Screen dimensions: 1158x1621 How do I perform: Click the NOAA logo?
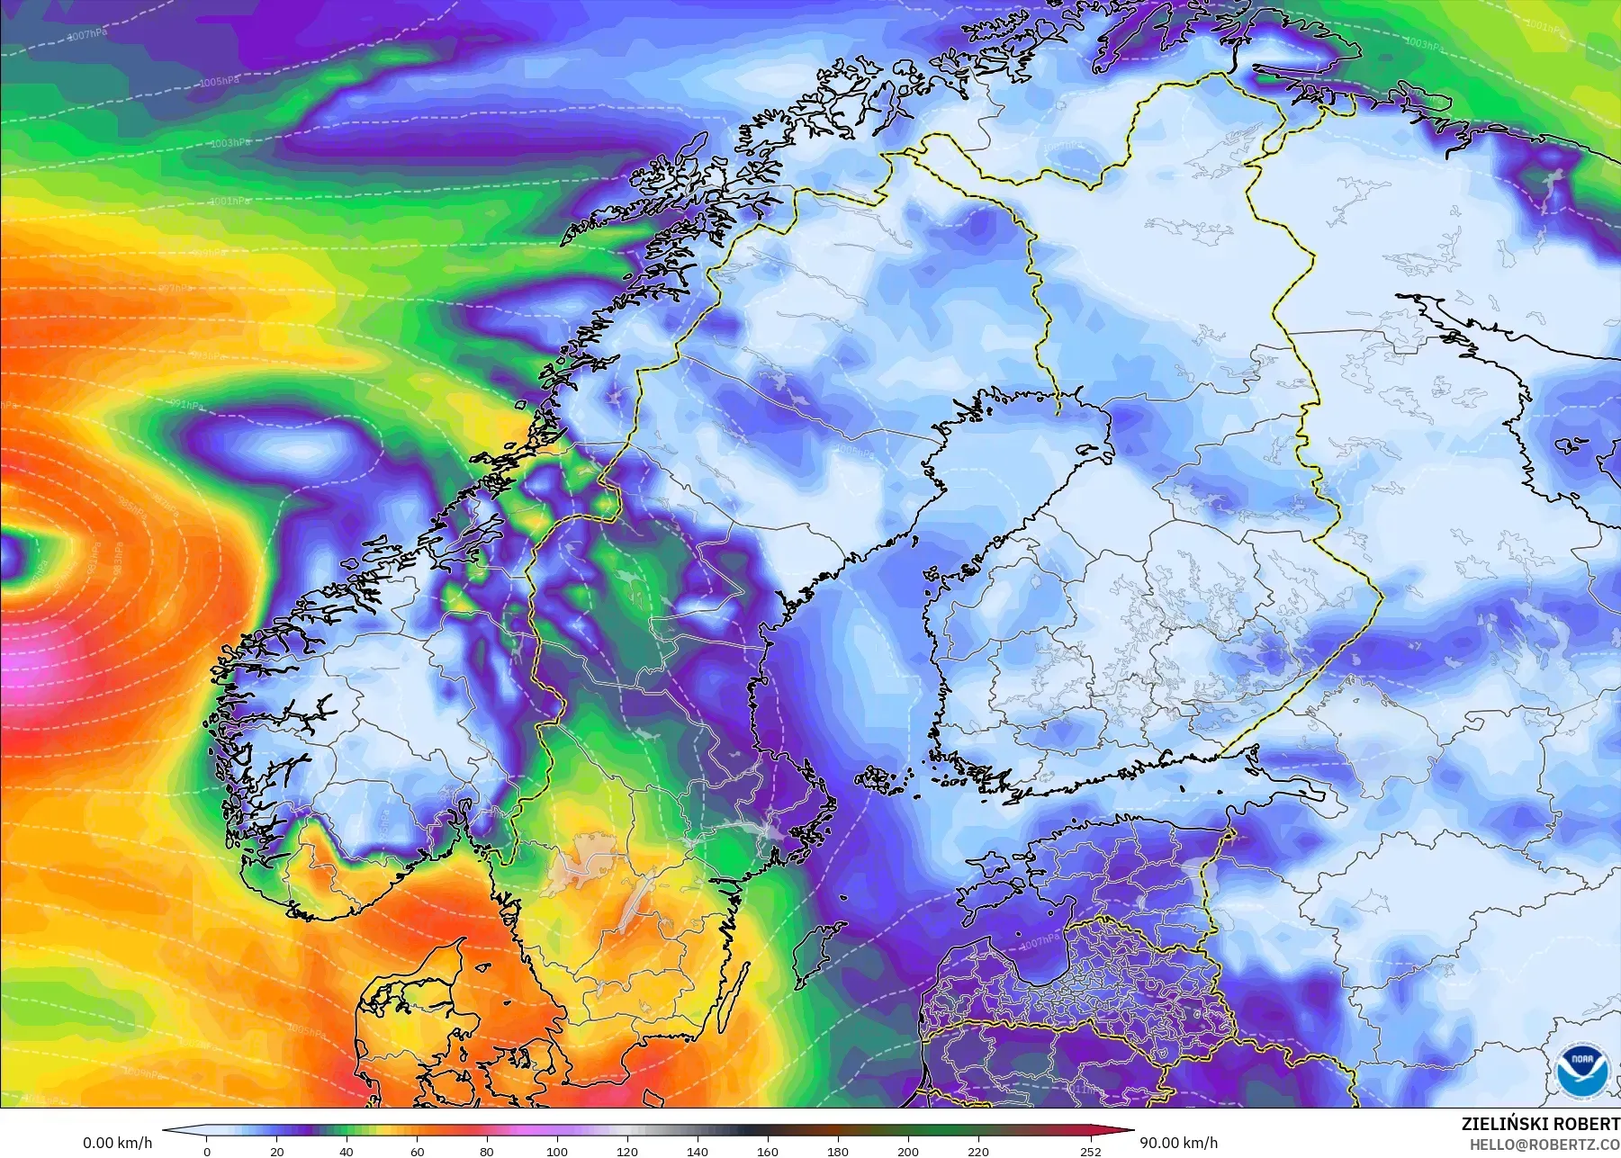coord(1580,1071)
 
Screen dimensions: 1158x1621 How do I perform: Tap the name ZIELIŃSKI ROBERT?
coord(1540,1125)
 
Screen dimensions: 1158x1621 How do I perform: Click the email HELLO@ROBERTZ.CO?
coord(1544,1145)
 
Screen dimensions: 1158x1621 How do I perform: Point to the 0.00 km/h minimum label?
coord(117,1143)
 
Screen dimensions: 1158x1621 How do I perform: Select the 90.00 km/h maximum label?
coord(1178,1143)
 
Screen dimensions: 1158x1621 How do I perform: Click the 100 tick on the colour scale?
coord(557,1151)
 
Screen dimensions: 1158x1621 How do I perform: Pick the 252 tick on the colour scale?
coord(1091,1151)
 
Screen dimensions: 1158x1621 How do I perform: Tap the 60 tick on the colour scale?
coord(417,1151)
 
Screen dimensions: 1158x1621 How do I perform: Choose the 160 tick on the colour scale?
coord(768,1151)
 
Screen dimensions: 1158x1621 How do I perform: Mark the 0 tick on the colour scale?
coord(207,1151)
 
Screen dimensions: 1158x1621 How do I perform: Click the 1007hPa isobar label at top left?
coord(87,35)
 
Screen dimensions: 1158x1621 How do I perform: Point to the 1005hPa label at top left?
coord(219,82)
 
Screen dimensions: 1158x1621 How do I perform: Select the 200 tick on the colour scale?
coord(908,1151)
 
